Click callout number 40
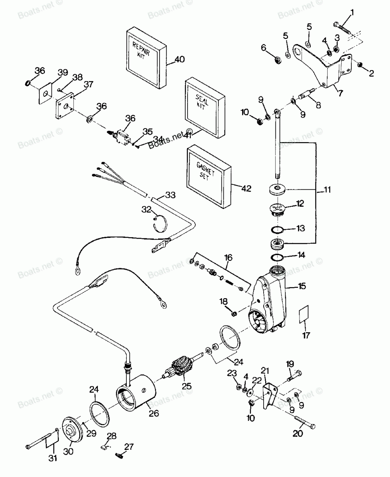click(180, 60)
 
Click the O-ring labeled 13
click(277, 230)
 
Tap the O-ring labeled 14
click(277, 257)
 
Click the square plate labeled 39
click(46, 92)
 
